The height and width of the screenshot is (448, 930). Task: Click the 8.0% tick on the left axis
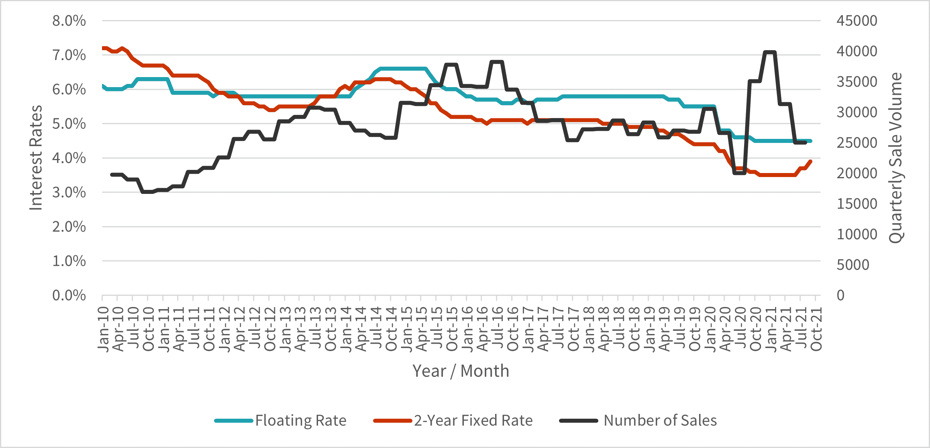pyautogui.click(x=69, y=21)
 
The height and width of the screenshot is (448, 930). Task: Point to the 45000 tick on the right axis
pyautogui.click(x=857, y=21)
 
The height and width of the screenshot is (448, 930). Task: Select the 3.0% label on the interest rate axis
pyautogui.click(x=69, y=192)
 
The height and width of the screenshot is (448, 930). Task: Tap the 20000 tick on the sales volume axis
pyautogui.click(x=857, y=173)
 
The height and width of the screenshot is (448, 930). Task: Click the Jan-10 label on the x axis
pyautogui.click(x=103, y=329)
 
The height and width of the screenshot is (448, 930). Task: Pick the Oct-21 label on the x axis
pyautogui.click(x=816, y=329)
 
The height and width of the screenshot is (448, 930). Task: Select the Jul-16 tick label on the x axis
pyautogui.click(x=497, y=329)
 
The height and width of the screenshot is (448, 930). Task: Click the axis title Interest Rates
pyautogui.click(x=36, y=158)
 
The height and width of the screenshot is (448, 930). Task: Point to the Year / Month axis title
pyautogui.click(x=461, y=371)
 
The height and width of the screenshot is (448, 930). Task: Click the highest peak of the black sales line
pyautogui.click(x=769, y=52)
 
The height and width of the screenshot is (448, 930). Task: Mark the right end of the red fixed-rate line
pyautogui.click(x=811, y=161)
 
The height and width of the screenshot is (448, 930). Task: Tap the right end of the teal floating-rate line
pyautogui.click(x=811, y=141)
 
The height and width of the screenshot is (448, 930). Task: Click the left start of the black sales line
pyautogui.click(x=112, y=175)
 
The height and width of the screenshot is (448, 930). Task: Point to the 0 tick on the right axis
pyautogui.click(x=840, y=295)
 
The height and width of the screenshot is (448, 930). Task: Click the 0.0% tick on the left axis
pyautogui.click(x=69, y=295)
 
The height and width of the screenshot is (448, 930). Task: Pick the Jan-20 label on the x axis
pyautogui.click(x=710, y=329)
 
